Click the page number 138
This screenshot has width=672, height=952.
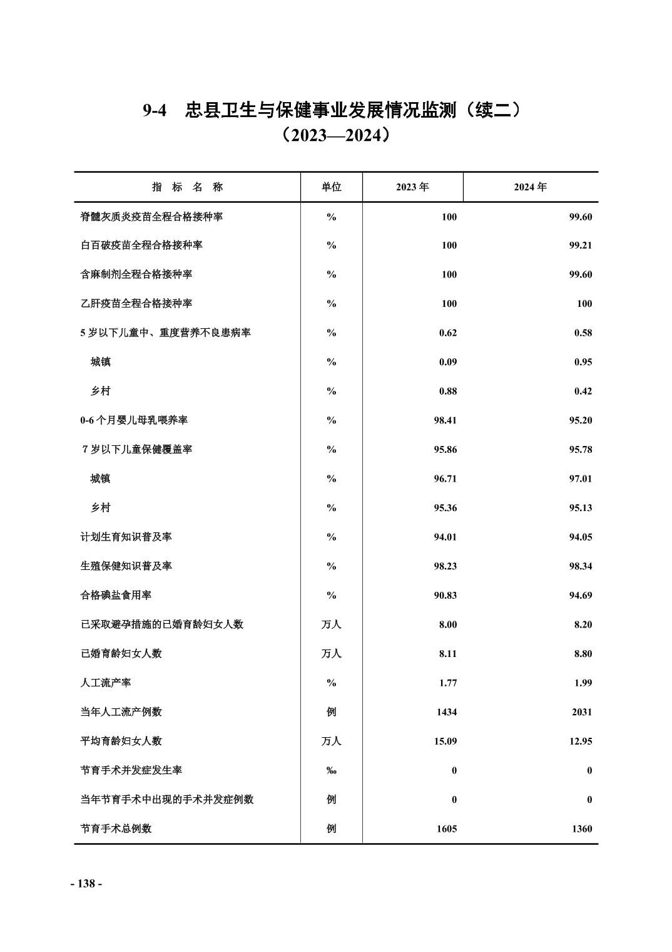pos(86,884)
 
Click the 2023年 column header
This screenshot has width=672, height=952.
pos(412,187)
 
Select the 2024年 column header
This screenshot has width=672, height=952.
pos(530,187)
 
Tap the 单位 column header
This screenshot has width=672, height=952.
pos(331,187)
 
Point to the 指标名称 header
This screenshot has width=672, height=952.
pos(187,187)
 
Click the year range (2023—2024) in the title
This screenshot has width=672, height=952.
pos(335,135)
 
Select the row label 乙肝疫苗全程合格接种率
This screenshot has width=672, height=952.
pos(136,304)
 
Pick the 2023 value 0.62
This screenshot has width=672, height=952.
pos(447,333)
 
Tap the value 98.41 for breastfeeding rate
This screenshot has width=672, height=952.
pos(445,420)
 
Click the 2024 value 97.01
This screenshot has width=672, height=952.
pos(580,479)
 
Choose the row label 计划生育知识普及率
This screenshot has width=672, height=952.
pos(126,537)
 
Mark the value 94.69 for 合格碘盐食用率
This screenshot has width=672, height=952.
pos(580,595)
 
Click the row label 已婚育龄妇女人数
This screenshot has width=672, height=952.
pos(121,653)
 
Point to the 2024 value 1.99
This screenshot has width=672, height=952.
pos(583,683)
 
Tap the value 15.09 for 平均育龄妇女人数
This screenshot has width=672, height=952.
pos(445,741)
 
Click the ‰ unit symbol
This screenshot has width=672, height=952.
pos(331,770)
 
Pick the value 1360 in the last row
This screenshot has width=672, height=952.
pos(581,829)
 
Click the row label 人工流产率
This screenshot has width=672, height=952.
pos(106,683)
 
